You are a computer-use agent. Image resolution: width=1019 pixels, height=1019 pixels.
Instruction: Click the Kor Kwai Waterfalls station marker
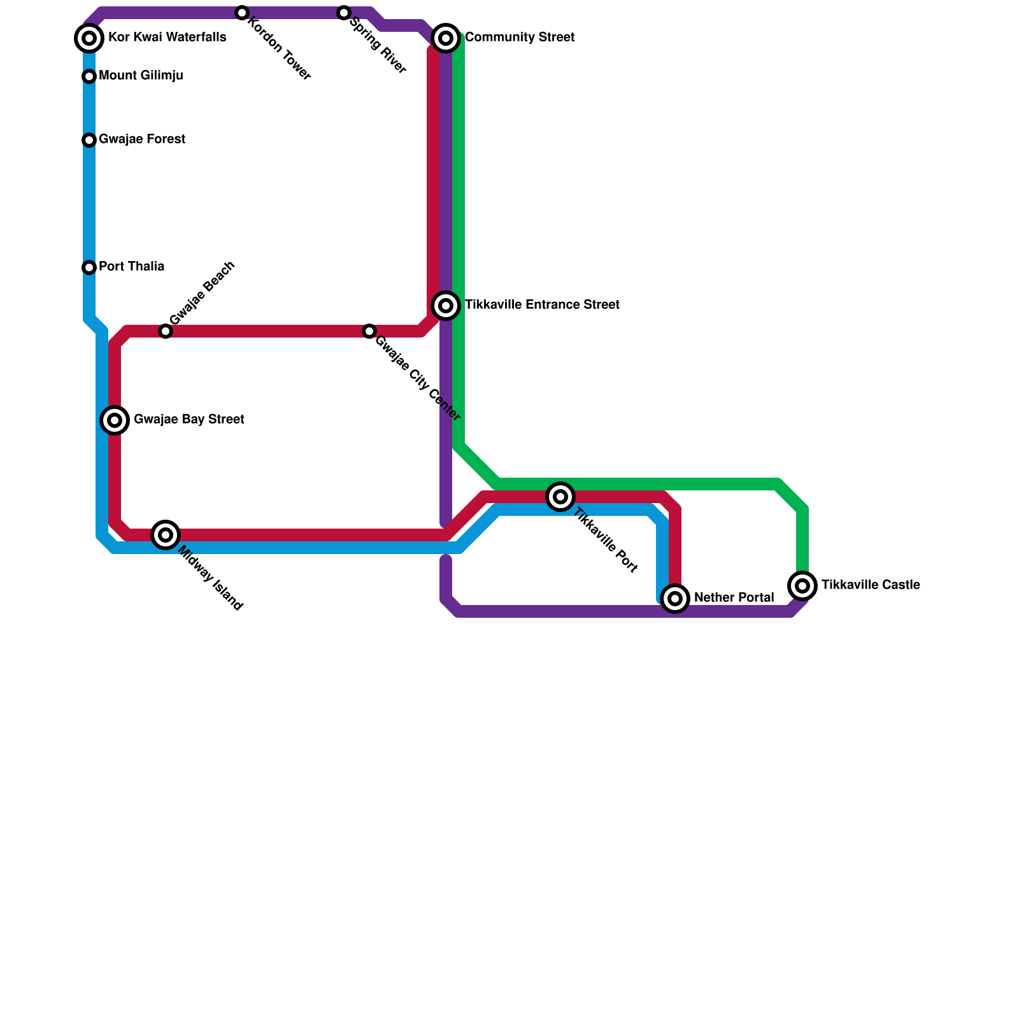coord(89,38)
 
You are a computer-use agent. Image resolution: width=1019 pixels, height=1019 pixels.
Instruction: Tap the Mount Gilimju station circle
coord(89,76)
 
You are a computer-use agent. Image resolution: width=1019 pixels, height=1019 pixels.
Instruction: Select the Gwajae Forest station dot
coord(89,140)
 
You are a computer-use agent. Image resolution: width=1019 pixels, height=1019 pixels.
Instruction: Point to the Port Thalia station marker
coord(89,267)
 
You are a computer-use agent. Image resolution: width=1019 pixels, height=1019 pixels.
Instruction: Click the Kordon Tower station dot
coord(241,13)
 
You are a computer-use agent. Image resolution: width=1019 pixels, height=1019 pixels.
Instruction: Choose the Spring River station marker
coord(344,13)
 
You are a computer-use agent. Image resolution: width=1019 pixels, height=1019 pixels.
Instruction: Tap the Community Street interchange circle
coord(446,38)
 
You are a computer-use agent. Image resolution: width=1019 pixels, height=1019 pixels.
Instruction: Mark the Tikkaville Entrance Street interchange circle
coord(446,306)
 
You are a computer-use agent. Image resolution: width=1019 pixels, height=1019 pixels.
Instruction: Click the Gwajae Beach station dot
coord(166,331)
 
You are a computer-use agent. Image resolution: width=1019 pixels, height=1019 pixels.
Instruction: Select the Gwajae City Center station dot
coord(369,331)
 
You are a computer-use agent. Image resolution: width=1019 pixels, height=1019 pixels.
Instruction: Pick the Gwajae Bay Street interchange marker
coord(115,420)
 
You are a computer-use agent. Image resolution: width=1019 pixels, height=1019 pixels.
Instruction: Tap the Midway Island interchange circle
coord(166,535)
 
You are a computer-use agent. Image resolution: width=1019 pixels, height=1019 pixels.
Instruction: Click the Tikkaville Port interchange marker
coord(560,497)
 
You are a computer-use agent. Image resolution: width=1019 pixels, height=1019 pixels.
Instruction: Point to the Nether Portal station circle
coord(675,599)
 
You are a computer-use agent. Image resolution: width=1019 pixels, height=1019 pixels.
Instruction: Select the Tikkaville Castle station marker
coord(802,585)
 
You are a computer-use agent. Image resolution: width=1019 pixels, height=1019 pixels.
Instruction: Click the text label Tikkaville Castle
coord(870,585)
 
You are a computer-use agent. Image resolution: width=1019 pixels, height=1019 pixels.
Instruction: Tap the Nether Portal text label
coord(734,598)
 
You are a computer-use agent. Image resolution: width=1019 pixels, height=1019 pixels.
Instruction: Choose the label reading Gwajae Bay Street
coord(189,420)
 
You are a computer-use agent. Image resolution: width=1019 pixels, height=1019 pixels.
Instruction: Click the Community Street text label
coord(520,38)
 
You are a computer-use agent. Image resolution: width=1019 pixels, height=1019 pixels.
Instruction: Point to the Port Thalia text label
coord(131,267)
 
